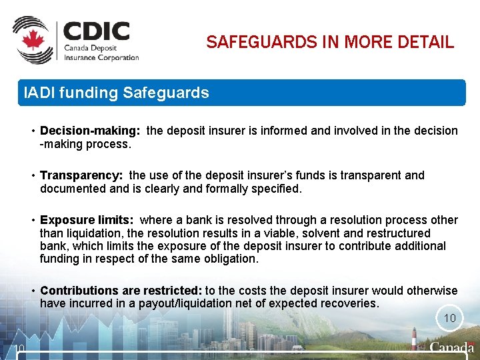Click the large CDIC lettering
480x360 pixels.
(96, 32)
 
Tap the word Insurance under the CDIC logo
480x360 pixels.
(81, 57)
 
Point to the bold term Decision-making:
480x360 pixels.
(90, 131)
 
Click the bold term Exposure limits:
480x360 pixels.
(87, 220)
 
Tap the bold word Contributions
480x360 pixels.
(79, 291)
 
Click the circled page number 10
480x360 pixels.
(450, 318)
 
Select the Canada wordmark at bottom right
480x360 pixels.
(452, 348)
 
